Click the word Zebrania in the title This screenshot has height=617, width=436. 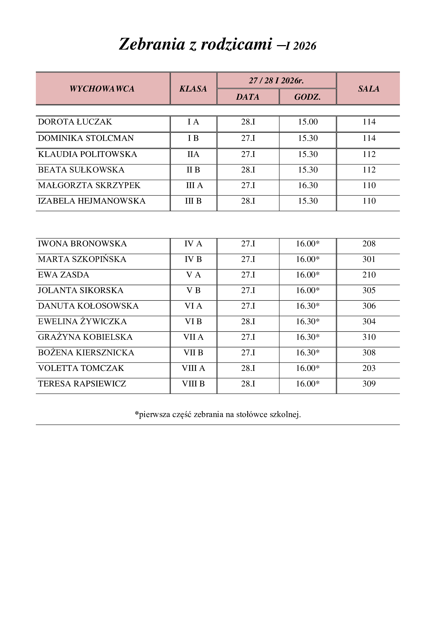152,44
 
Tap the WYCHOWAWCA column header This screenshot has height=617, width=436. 102,89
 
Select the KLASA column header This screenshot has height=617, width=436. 193,89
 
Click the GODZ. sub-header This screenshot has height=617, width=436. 307,97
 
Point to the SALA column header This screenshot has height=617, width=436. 369,89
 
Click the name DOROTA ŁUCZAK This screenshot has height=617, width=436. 75,122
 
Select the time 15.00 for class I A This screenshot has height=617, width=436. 308,122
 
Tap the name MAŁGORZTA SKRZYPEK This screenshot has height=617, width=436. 89,185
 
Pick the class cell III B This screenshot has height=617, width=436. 193,201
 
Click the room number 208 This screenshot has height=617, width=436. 369,244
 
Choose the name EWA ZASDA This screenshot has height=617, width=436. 63,275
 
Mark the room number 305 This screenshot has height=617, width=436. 369,290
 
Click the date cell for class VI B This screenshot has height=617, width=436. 248,322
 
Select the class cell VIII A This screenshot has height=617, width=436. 193,368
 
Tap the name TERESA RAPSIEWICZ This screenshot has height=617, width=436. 82,384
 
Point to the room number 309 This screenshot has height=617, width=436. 369,384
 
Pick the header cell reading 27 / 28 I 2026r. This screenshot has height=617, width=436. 276,81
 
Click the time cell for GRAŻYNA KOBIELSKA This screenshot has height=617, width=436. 308,337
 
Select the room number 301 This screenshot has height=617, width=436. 369,259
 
